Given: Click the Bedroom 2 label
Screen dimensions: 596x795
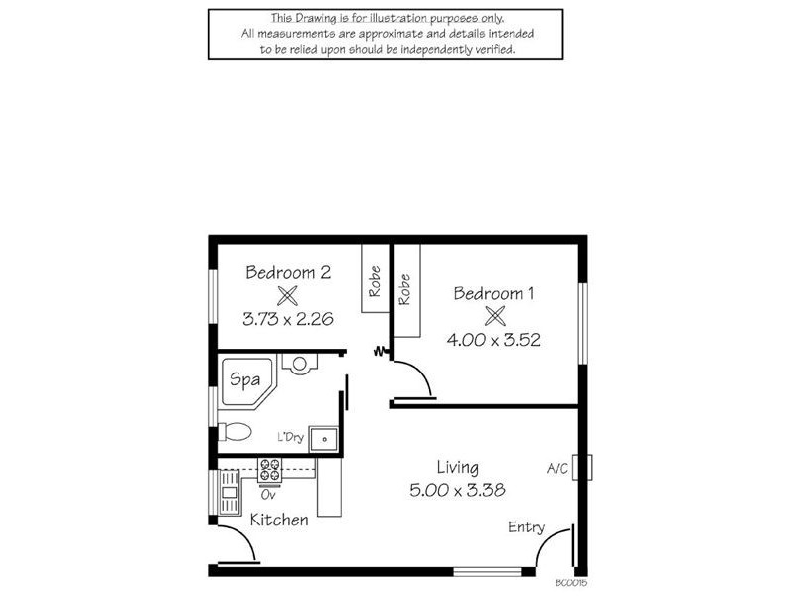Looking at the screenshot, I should pos(288,272).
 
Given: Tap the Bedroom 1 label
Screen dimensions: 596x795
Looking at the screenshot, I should pos(494,293).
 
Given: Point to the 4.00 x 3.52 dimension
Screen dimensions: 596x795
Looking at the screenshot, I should pos(494,339).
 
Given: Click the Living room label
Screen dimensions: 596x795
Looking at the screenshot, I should pos(457,467).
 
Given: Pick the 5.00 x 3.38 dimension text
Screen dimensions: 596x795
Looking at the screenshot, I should pos(457,489).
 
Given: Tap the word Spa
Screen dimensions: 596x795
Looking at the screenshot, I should pos(243,378).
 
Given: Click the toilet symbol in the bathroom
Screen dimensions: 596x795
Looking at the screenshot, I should pos(236,432).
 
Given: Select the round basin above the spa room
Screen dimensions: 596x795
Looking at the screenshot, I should pos(298,363).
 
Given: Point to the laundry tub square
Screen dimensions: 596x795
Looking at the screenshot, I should pos(324,438).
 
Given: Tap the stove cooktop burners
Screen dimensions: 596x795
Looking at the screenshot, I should pos(270,470).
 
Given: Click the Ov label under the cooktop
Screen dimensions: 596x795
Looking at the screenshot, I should pos(267,493).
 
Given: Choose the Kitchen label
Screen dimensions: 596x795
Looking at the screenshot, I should pos(278,520).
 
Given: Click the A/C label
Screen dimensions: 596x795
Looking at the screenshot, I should pos(556,468).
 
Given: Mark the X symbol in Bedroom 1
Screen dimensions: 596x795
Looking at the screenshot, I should pos(494,316).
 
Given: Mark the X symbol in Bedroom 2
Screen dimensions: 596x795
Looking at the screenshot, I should pos(288,295).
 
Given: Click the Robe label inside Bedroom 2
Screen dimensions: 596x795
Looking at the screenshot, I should pos(375,281).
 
